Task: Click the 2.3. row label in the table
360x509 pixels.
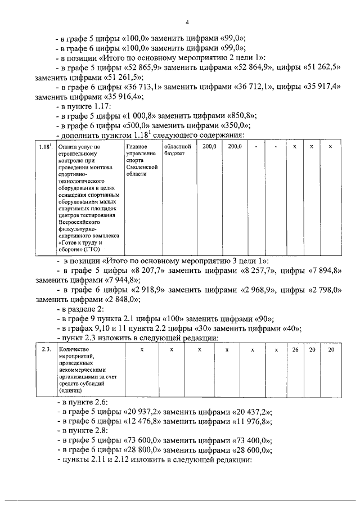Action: pyautogui.click(x=46, y=350)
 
